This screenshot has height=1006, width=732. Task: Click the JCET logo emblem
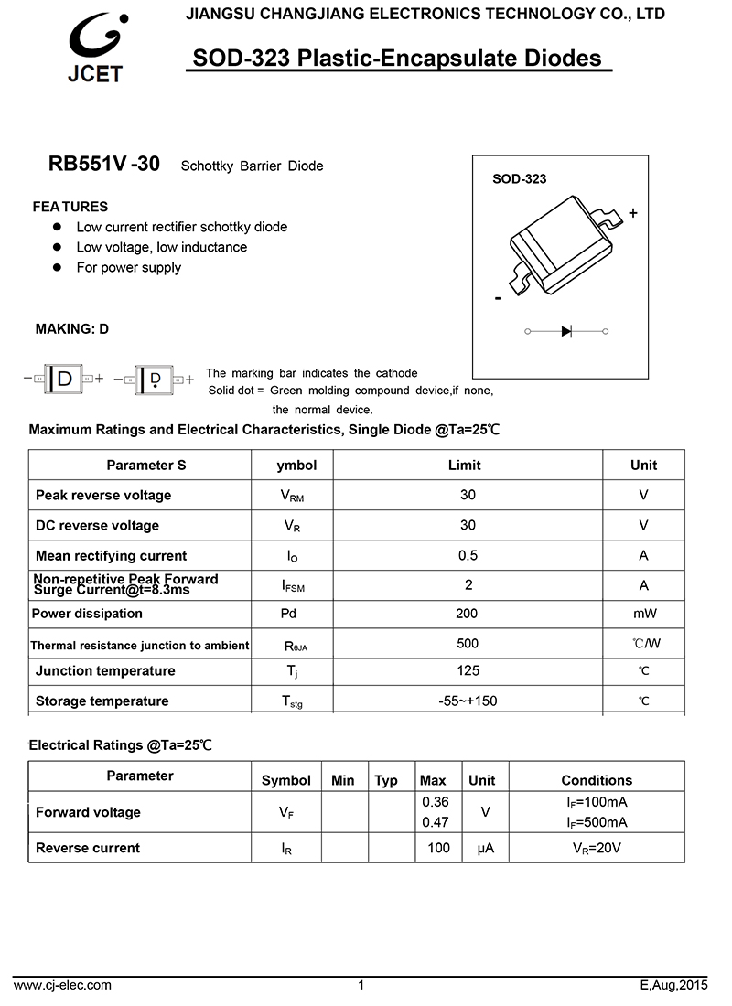pyautogui.click(x=95, y=39)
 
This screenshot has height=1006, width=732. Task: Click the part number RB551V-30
pyautogui.click(x=103, y=165)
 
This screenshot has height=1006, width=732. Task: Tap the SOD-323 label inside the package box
pyautogui.click(x=519, y=179)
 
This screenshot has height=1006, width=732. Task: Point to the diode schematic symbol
pyautogui.click(x=566, y=331)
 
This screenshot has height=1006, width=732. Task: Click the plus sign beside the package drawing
pyautogui.click(x=633, y=213)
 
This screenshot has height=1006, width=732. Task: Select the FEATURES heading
pyautogui.click(x=70, y=207)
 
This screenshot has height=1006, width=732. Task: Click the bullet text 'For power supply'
pyautogui.click(x=129, y=268)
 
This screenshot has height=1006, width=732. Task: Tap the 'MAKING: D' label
pyautogui.click(x=71, y=329)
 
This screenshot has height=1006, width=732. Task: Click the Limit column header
pyautogui.click(x=464, y=466)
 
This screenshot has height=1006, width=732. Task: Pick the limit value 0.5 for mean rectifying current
pyautogui.click(x=468, y=556)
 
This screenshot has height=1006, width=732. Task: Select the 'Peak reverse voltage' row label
pyautogui.click(x=103, y=496)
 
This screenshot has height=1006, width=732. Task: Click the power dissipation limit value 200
pyautogui.click(x=467, y=615)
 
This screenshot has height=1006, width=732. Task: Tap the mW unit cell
pyautogui.click(x=644, y=615)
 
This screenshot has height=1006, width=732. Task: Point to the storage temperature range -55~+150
pyautogui.click(x=468, y=701)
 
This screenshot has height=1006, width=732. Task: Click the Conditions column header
pyautogui.click(x=597, y=780)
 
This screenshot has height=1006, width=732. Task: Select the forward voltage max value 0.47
pyautogui.click(x=436, y=822)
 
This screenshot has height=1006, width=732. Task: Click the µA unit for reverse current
pyautogui.click(x=485, y=849)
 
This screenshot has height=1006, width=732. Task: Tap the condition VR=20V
pyautogui.click(x=597, y=849)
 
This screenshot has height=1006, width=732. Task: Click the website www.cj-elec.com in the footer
pyautogui.click(x=63, y=985)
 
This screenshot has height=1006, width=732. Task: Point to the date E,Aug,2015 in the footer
pyautogui.click(x=674, y=985)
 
